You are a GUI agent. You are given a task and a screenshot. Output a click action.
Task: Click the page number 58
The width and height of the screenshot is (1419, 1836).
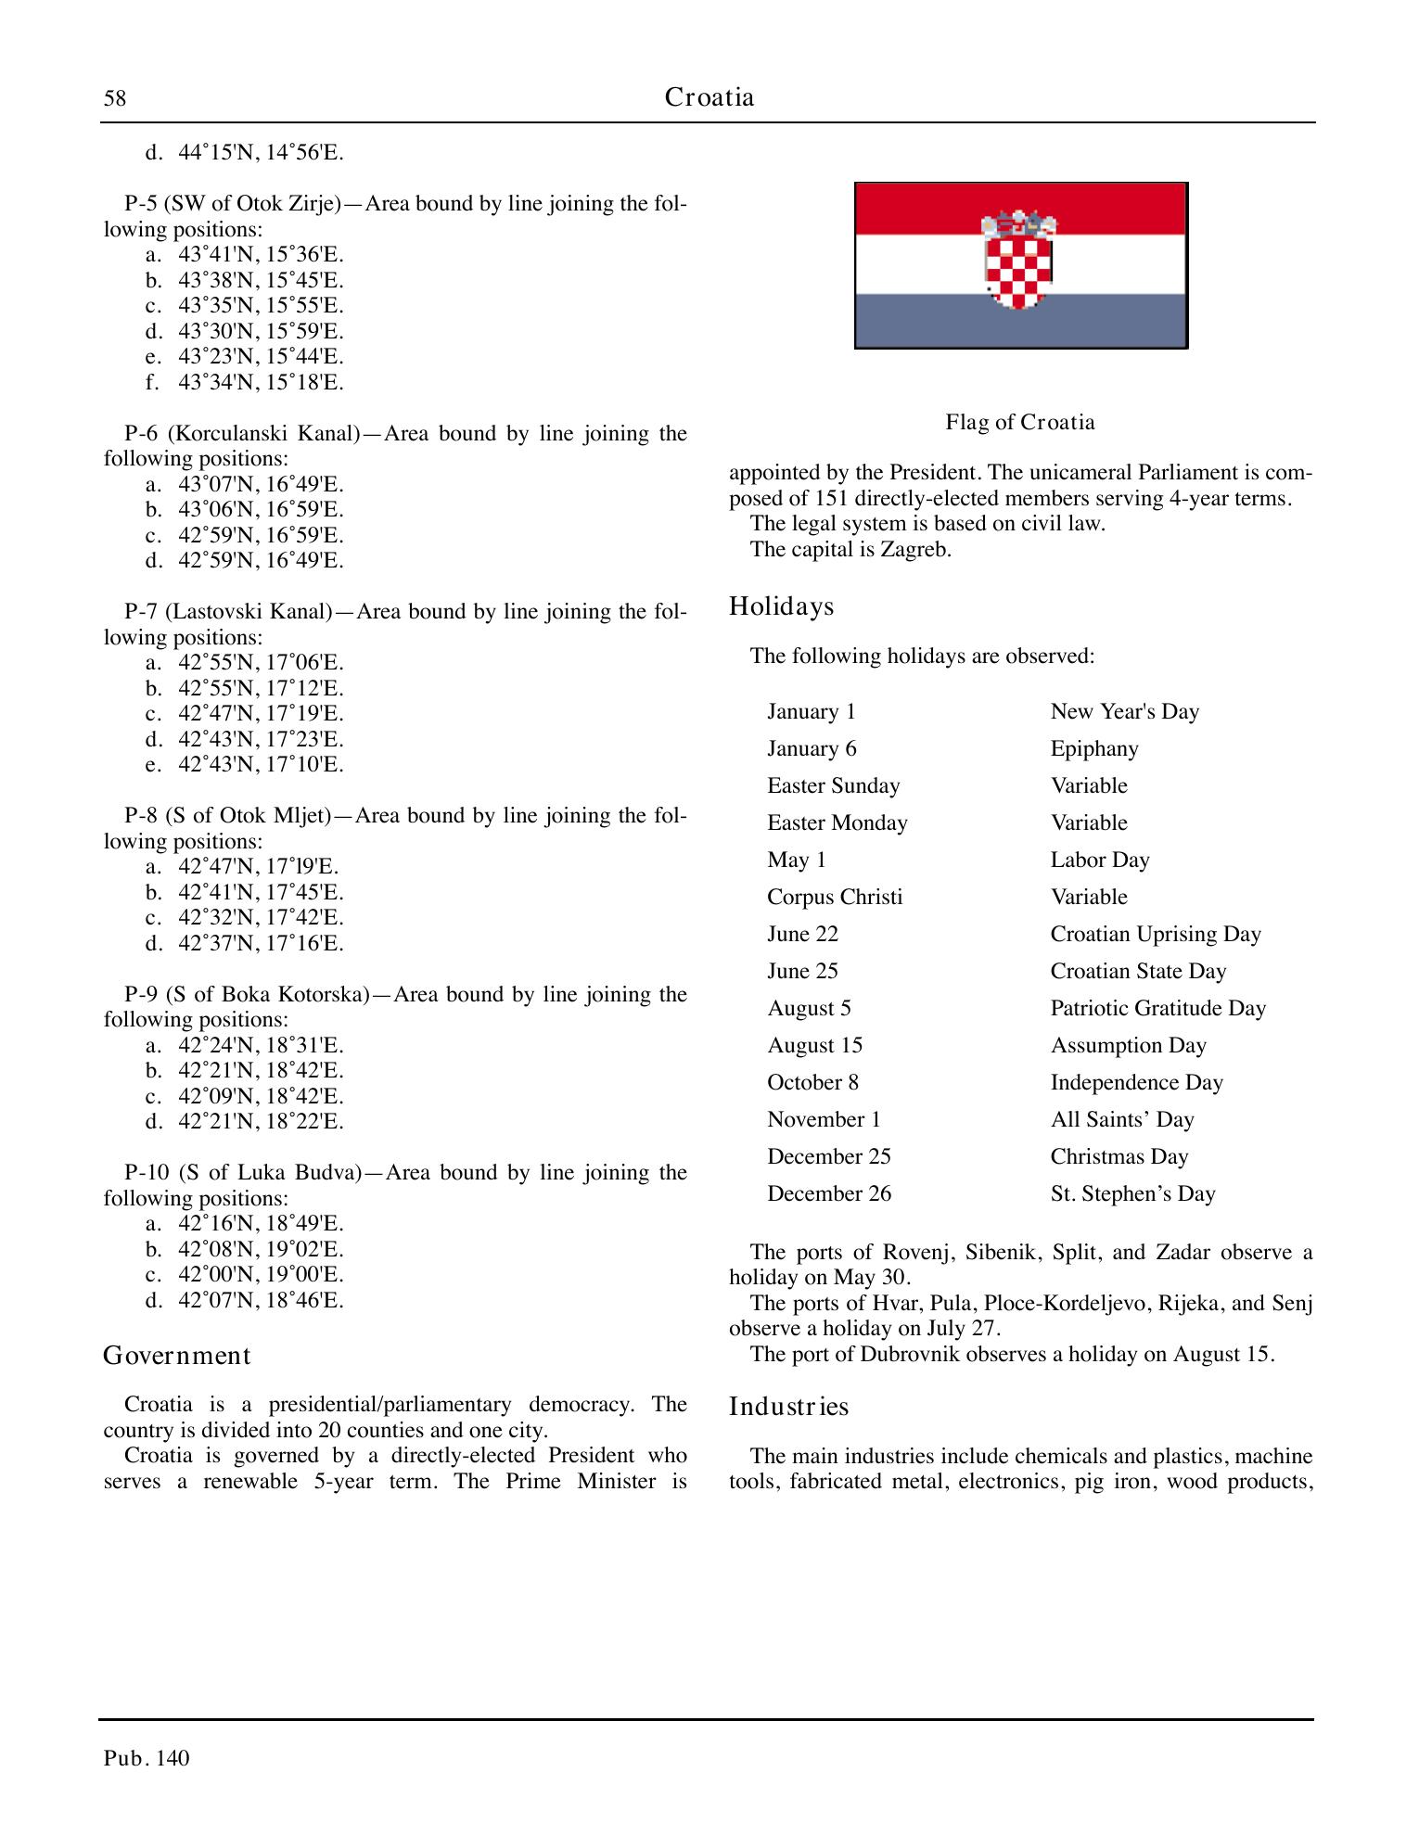click(x=115, y=98)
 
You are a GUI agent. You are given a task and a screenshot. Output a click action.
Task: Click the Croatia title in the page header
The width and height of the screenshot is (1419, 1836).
click(x=709, y=97)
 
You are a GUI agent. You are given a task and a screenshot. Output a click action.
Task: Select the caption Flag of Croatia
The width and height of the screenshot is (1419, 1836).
click(x=1020, y=423)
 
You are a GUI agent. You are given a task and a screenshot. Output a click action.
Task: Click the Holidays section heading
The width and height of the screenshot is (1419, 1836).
click(x=781, y=606)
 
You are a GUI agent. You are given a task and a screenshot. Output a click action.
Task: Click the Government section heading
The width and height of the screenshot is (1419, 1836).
click(x=176, y=1356)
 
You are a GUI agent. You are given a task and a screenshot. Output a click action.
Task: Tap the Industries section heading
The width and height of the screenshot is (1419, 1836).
click(x=788, y=1407)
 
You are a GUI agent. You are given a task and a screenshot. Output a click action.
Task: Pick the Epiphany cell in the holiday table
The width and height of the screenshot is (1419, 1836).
click(x=1094, y=748)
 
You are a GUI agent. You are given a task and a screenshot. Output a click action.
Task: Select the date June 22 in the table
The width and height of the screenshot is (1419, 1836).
click(x=802, y=934)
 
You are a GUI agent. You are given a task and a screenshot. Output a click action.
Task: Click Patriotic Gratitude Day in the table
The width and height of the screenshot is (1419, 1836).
click(x=1157, y=1008)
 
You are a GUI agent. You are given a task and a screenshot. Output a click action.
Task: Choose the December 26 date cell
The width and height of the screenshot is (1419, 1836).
click(x=828, y=1193)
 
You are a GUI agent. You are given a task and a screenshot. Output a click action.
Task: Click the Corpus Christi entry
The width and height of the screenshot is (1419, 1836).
click(x=834, y=897)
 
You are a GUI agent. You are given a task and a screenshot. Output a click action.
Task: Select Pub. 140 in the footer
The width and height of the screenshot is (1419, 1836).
click(x=147, y=1759)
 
